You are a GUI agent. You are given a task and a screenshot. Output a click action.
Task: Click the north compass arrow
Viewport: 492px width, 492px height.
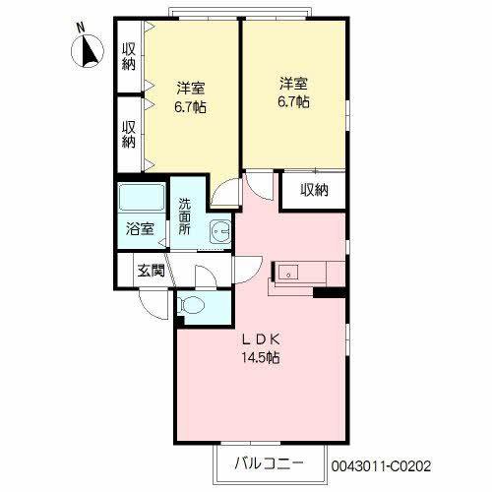[86, 51]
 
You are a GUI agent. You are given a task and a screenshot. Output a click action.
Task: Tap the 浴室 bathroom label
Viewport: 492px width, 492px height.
[139, 230]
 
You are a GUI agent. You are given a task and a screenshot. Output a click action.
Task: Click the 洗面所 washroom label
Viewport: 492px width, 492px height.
[184, 216]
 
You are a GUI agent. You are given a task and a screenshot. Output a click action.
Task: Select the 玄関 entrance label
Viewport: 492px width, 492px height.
[150, 269]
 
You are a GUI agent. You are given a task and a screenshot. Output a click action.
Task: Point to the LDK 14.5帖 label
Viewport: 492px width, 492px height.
[261, 348]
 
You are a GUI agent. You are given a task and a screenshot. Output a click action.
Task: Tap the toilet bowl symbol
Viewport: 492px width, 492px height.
[193, 305]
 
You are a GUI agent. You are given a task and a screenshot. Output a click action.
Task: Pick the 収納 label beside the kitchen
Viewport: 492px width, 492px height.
[314, 190]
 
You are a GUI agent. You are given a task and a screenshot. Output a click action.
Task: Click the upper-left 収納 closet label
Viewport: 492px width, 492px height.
[129, 56]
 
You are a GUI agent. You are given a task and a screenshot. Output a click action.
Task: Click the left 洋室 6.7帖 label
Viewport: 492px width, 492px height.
[191, 94]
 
